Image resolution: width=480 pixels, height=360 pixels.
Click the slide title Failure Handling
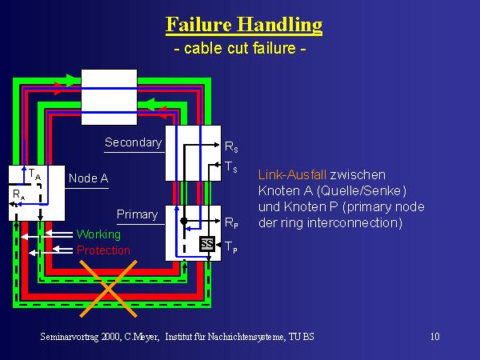pos(244,25)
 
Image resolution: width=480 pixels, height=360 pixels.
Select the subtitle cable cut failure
pos(241,50)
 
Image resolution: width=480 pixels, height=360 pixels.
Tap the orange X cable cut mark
pos(105,296)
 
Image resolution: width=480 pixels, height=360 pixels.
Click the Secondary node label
pos(133,142)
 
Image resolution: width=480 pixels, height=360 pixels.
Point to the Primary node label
pos(137,214)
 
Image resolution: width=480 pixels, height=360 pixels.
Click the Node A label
pos(88,178)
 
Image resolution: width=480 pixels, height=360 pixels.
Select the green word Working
pos(98,234)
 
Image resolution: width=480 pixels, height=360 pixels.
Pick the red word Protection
pos(103,250)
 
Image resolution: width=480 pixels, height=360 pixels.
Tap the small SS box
pos(206,243)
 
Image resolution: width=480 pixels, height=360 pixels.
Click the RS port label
pos(230,148)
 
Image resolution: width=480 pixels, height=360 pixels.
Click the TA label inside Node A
pos(33,173)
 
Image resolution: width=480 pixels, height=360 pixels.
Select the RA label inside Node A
pos(18,194)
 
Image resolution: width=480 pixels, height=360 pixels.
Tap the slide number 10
pos(434,337)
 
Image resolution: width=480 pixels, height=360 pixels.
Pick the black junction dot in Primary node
pos(183,220)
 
